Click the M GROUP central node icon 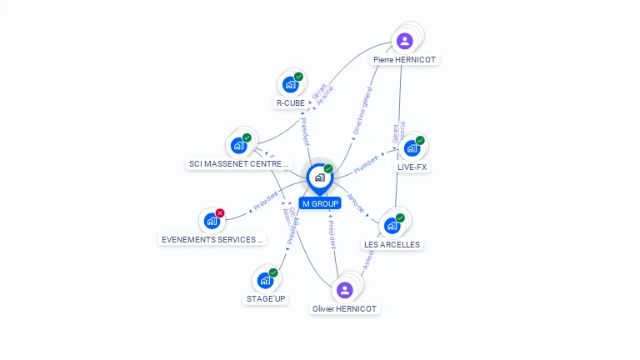pyautogui.click(x=319, y=177)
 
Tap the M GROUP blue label pyautogui.click(x=320, y=203)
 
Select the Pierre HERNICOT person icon pyautogui.click(x=405, y=41)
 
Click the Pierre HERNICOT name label pyautogui.click(x=405, y=60)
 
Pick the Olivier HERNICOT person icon pyautogui.click(x=345, y=290)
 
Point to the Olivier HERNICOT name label pyautogui.click(x=345, y=309)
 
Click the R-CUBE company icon pyautogui.click(x=290, y=84)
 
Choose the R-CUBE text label pyautogui.click(x=290, y=103)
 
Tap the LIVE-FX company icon pyautogui.click(x=412, y=148)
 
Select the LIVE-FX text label pyautogui.click(x=412, y=167)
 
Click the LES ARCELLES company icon pyautogui.click(x=392, y=225)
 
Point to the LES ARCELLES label pyautogui.click(x=392, y=245)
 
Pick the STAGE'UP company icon pyautogui.click(x=265, y=280)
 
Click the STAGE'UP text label pyautogui.click(x=267, y=298)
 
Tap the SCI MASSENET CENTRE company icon pyautogui.click(x=239, y=146)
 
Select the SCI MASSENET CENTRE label pyautogui.click(x=239, y=164)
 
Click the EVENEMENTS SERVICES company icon pyautogui.click(x=212, y=222)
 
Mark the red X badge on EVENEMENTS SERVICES pyautogui.click(x=220, y=213)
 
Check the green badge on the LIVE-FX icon pyautogui.click(x=420, y=140)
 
